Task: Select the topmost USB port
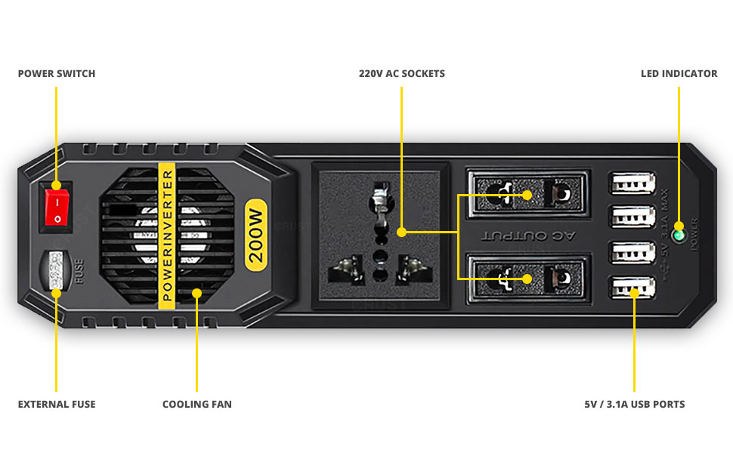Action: click(x=633, y=183)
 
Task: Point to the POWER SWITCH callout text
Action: click(x=57, y=74)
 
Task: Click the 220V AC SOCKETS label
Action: click(x=401, y=74)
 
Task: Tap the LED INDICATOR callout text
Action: click(x=679, y=74)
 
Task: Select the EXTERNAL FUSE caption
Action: click(x=57, y=405)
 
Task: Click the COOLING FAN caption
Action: click(x=196, y=405)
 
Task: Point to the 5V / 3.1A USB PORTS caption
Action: click(x=634, y=405)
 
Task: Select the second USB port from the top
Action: click(x=633, y=218)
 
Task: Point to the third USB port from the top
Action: click(x=633, y=253)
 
